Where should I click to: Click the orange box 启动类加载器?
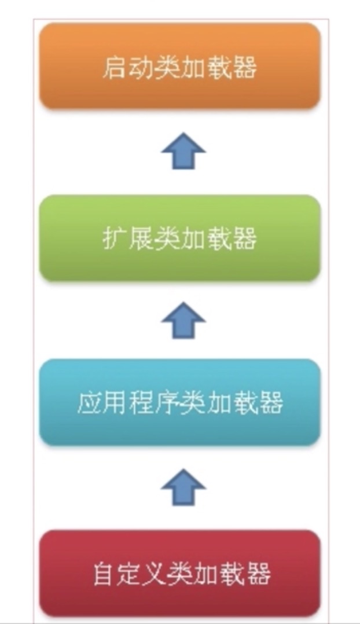click(x=179, y=66)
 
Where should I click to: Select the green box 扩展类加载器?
click(x=179, y=238)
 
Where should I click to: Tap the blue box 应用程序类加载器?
click(x=179, y=402)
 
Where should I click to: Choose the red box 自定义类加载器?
click(x=179, y=573)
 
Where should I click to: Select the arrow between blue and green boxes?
click(x=183, y=320)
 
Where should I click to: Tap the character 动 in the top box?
click(x=140, y=68)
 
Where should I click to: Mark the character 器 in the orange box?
click(x=245, y=68)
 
